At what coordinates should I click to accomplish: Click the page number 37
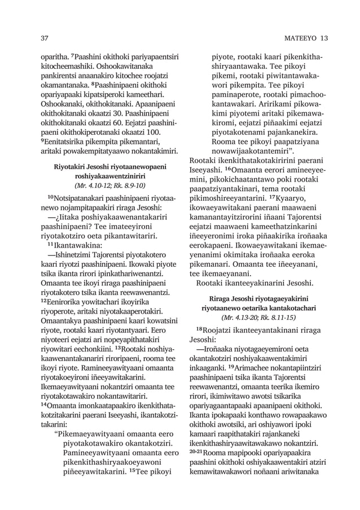tap(43, 38)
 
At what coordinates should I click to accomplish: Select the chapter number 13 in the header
tap(323, 38)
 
